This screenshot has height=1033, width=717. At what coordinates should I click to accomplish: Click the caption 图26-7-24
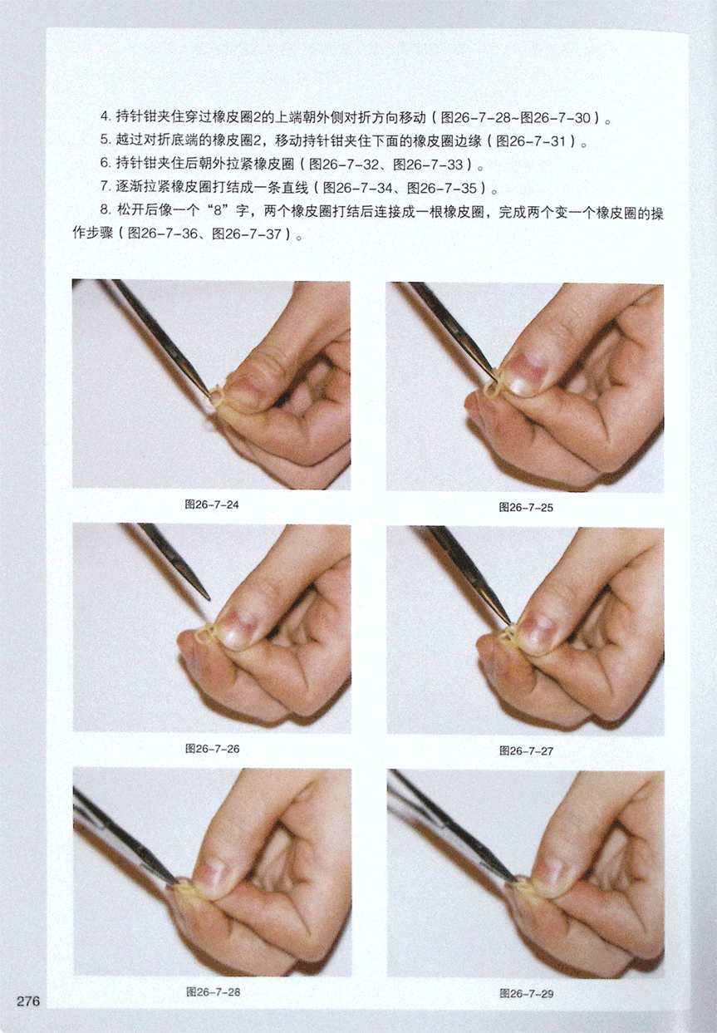click(x=212, y=504)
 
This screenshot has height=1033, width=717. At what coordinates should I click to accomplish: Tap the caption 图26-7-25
click(x=526, y=507)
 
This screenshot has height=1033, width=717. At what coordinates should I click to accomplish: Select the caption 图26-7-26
click(x=212, y=749)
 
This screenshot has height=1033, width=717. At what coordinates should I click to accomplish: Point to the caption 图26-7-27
click(x=526, y=750)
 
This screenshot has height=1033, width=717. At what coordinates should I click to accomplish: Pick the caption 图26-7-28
click(x=213, y=991)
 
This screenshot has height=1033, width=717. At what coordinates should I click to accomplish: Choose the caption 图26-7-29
click(x=526, y=993)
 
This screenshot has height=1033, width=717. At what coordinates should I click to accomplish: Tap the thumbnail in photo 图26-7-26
click(x=241, y=630)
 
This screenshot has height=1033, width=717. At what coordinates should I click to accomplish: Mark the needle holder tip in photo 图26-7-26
click(x=209, y=599)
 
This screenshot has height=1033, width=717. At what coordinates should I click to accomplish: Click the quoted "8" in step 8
click(x=218, y=212)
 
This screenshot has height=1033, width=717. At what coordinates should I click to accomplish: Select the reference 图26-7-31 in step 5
click(x=531, y=141)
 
